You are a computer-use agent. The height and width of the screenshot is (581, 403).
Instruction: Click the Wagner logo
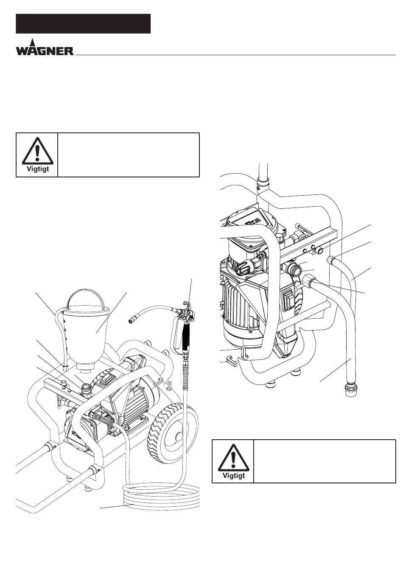tap(45, 48)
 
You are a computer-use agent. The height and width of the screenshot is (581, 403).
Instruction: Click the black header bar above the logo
tap(83, 24)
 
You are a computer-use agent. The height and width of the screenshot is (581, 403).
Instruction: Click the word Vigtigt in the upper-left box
tap(38, 169)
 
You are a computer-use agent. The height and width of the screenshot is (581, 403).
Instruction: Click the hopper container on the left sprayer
tap(86, 334)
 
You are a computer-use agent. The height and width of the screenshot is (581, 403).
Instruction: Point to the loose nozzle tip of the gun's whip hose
tap(132, 322)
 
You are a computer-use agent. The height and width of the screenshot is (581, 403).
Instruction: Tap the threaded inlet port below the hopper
tap(86, 389)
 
